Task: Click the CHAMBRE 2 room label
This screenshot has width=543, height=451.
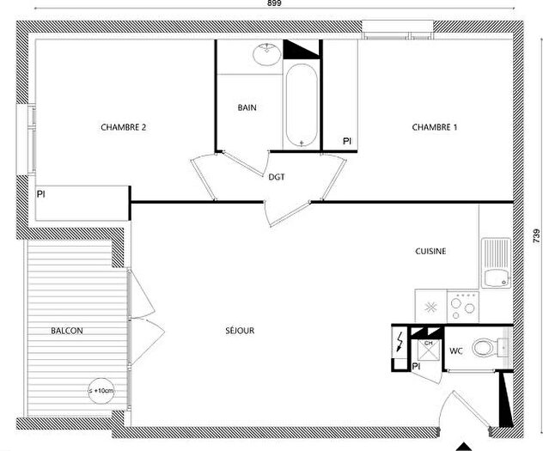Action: pos(124,127)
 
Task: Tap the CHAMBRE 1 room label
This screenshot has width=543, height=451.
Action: pos(435,127)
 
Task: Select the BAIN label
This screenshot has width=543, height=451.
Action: pos(247,107)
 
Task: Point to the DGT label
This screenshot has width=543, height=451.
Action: pos(276,177)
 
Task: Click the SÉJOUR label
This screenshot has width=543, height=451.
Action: pos(241,330)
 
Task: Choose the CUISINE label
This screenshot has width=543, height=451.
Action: pos(431,251)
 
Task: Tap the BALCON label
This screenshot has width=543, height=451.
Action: pos(67,330)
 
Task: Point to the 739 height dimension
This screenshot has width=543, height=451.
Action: pos(535,234)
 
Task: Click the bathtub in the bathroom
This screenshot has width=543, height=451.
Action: pos(301,106)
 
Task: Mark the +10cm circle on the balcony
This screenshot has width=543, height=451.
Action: pos(101,391)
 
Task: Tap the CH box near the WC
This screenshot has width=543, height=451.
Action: pos(427,350)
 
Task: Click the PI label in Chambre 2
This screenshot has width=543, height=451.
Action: pos(40,195)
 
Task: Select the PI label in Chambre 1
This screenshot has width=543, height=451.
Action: pos(347,140)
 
